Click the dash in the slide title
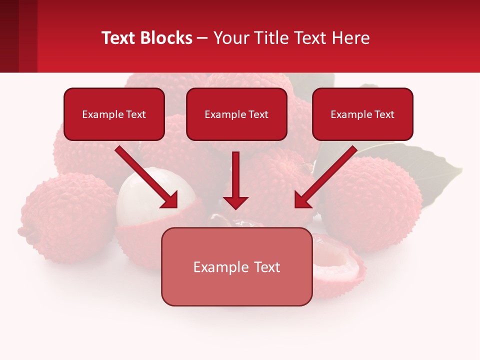coord(202,38)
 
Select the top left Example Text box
coord(114,114)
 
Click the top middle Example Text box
coord(236,114)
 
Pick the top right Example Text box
coord(362,114)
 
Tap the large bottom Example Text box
coord(236,266)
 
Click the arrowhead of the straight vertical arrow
coord(235,203)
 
